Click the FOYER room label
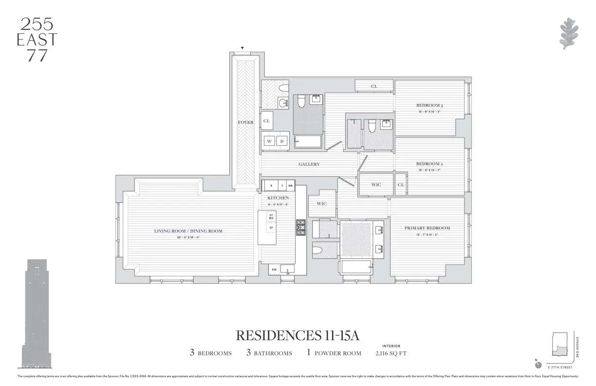pyautogui.click(x=245, y=122)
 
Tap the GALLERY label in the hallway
pyautogui.click(x=309, y=164)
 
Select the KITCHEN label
pyautogui.click(x=278, y=198)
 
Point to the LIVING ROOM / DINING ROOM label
pyautogui.click(x=188, y=231)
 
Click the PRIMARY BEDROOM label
pyautogui.click(x=427, y=228)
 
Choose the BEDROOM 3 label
pyautogui.click(x=429, y=105)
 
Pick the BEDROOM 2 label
pyautogui.click(x=429, y=164)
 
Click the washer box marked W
pyautogui.click(x=269, y=141)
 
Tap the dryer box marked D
pyautogui.click(x=281, y=141)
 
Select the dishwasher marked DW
pyautogui.click(x=274, y=269)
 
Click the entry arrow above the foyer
pyautogui.click(x=242, y=48)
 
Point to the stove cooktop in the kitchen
pyautogui.click(x=301, y=228)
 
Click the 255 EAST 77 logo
pyautogui.click(x=37, y=39)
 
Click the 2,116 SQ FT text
pyautogui.click(x=391, y=353)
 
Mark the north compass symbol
pyautogui.click(x=538, y=365)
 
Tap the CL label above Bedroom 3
pyautogui.click(x=374, y=86)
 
